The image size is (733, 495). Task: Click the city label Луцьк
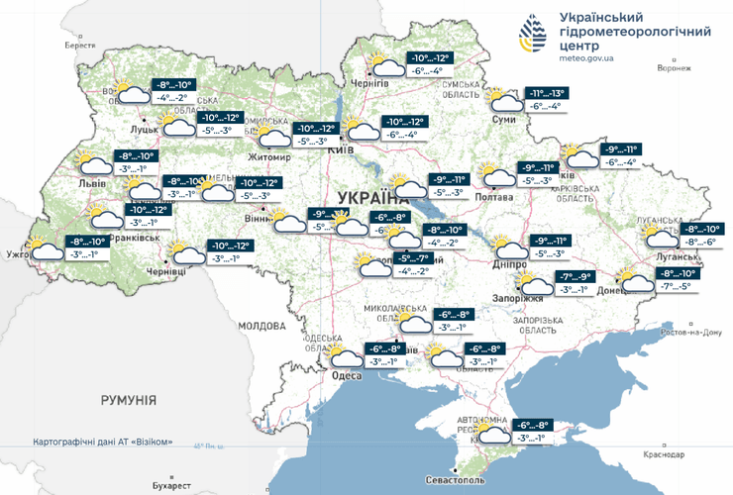[x=146, y=129]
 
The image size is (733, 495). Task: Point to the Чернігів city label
[x=372, y=86]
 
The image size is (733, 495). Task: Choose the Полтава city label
[x=495, y=196]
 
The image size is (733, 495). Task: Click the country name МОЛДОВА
[x=262, y=325]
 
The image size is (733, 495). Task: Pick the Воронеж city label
[x=674, y=68]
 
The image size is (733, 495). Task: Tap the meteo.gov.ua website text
[x=586, y=58]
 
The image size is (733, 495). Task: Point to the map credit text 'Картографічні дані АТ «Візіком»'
[x=103, y=442]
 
